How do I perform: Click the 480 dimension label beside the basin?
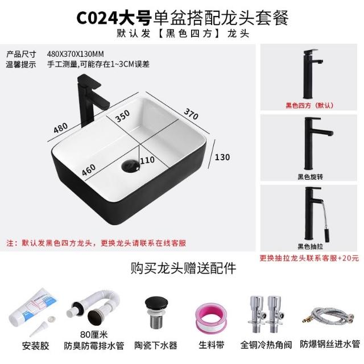tap(61, 127)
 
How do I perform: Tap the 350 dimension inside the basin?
tap(122, 116)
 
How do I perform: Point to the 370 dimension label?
tap(191, 114)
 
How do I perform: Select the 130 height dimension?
tap(222, 157)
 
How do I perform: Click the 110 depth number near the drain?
tap(147, 160)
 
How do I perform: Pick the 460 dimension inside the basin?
tap(89, 169)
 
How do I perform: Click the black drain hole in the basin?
tap(130, 166)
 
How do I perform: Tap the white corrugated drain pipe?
tap(93, 307)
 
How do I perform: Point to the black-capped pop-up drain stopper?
tap(156, 312)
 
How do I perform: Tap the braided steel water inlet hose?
tap(328, 316)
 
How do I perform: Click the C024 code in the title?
tap(97, 18)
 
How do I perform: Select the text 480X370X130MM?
tap(75, 54)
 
